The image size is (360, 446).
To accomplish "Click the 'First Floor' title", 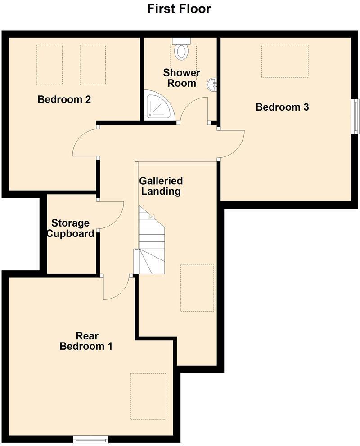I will pyautogui.click(x=179, y=9).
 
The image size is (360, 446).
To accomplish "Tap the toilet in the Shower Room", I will pyautogui.click(x=181, y=50).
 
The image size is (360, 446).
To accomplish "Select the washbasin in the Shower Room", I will pyautogui.click(x=212, y=84).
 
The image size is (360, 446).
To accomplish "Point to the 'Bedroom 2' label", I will pyautogui.click(x=64, y=99).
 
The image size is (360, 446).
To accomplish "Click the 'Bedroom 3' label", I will pyautogui.click(x=282, y=107).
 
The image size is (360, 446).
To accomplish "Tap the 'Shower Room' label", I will pyautogui.click(x=182, y=78).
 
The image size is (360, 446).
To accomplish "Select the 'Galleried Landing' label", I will pyautogui.click(x=161, y=186).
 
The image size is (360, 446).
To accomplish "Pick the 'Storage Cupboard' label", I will pyautogui.click(x=71, y=228).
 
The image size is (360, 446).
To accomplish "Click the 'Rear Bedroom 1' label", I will pyautogui.click(x=86, y=341).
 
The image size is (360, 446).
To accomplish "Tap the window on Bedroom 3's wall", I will pyautogui.click(x=355, y=116).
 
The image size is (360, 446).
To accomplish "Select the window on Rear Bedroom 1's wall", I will pyautogui.click(x=91, y=439).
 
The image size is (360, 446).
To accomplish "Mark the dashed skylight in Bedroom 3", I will pyautogui.click(x=285, y=61).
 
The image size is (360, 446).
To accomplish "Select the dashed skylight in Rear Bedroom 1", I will pyautogui.click(x=148, y=396).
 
